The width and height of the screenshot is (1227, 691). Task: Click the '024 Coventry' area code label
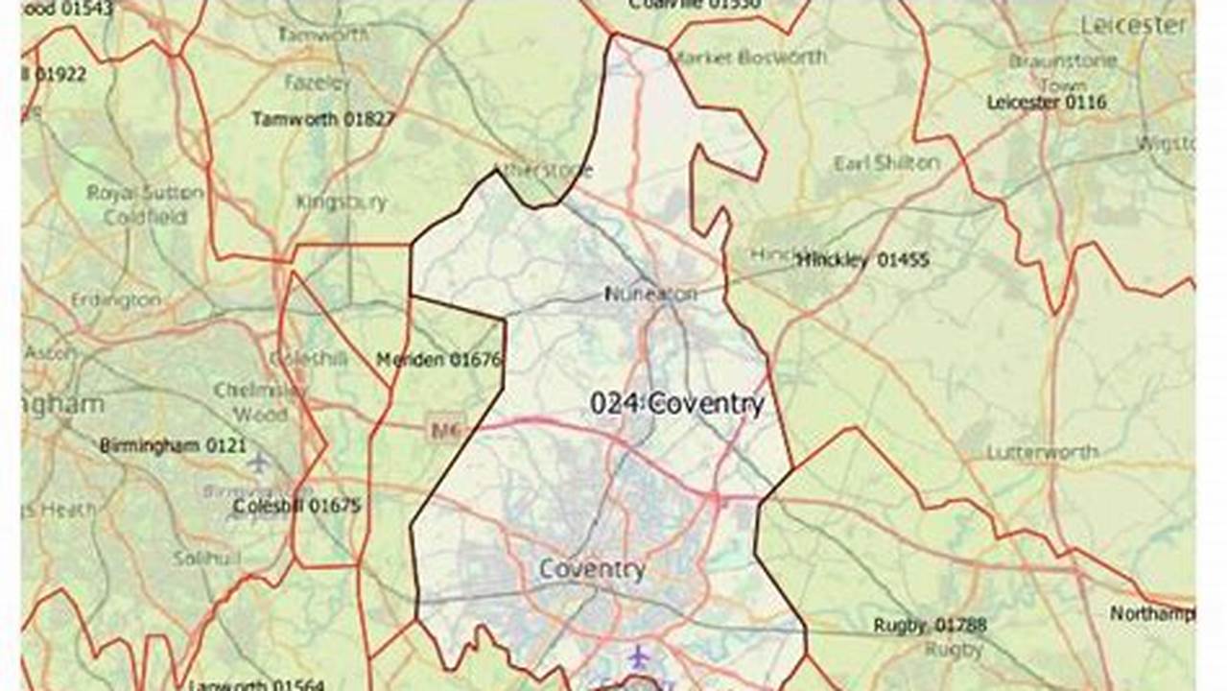[677, 404]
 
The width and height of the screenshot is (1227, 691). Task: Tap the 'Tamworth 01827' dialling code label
[323, 119]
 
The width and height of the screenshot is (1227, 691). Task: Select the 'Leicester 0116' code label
[1047, 102]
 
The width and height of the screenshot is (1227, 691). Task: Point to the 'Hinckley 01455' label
[863, 259]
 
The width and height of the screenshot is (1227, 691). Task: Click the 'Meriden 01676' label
[439, 360]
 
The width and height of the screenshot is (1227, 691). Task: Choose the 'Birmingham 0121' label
[173, 445]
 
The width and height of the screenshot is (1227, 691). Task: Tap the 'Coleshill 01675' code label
[296, 506]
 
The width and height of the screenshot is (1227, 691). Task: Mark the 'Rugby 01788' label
[930, 626]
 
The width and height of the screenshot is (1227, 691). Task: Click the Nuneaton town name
[650, 294]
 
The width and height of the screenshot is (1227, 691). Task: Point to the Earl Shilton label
[886, 163]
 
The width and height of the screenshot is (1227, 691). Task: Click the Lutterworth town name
[1042, 451]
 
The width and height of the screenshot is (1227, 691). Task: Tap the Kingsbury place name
[342, 203]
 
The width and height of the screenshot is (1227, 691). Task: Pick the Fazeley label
[319, 83]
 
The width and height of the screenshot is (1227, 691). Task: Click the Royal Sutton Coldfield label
[146, 204]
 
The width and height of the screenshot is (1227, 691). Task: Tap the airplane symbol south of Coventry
[639, 657]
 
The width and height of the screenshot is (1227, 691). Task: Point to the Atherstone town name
[543, 171]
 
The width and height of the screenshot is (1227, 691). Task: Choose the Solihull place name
[205, 558]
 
